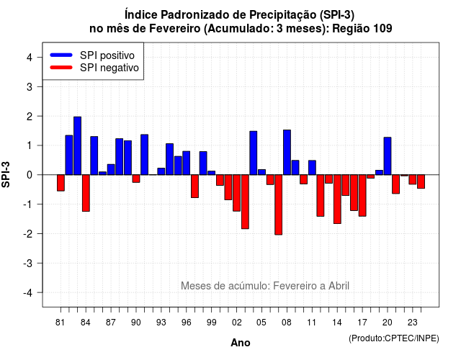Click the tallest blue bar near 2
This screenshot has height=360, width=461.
77,145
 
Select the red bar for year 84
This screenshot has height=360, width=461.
86,193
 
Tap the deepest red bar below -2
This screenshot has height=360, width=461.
279,204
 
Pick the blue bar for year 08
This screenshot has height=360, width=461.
287,152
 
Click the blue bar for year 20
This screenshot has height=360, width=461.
388,156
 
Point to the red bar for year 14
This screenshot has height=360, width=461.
337,199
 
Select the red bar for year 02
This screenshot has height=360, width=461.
237,193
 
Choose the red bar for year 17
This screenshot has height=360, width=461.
362,195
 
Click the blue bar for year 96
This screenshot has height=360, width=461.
187,163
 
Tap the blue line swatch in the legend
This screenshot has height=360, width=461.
61,55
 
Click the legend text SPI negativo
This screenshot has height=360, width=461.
109,68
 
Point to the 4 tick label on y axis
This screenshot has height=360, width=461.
30,58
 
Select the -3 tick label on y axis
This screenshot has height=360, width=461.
28,263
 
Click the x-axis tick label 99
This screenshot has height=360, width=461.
211,323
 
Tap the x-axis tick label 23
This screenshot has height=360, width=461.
413,323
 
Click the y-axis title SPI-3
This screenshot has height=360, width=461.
6,174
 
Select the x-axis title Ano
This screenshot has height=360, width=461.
241,343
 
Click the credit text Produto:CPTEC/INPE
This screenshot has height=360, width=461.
394,338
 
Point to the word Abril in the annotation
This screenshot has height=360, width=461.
339,286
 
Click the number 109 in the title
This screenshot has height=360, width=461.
382,29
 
